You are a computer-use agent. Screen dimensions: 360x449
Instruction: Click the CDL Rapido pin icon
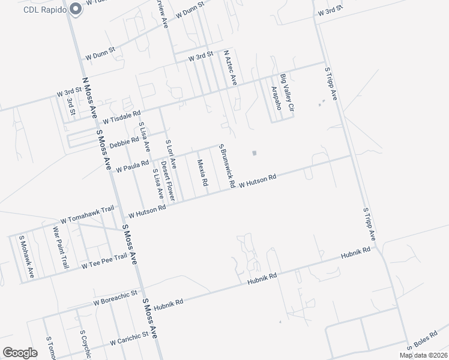click(x=76, y=9)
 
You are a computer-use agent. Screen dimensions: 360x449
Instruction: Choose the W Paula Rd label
click(x=132, y=166)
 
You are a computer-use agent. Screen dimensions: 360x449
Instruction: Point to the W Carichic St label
click(x=128, y=339)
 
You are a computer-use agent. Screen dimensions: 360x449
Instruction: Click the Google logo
click(x=20, y=352)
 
